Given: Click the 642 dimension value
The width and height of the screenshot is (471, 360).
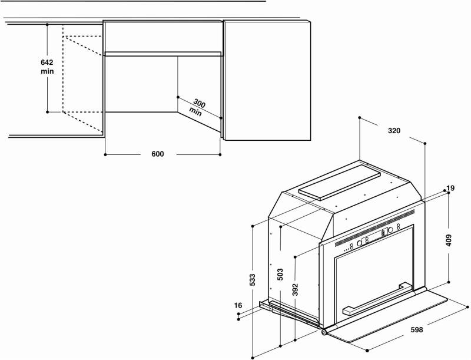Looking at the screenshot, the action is pos(47,62).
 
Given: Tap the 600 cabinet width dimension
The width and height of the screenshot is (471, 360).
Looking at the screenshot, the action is pos(158,154).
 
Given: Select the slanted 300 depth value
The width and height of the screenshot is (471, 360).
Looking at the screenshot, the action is pos(199,104).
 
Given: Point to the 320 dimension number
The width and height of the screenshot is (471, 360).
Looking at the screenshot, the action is pos(394,131).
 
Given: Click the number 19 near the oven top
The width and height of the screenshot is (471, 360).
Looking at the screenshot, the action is pos(450,189).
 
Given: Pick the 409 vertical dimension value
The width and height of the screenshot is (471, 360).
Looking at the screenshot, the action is pos(449,240).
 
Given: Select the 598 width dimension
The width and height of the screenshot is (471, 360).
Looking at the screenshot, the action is pos(417,329).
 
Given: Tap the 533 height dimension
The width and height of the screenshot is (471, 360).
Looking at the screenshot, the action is pos(253,280).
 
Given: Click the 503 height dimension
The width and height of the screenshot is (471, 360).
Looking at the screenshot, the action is pos(280,275).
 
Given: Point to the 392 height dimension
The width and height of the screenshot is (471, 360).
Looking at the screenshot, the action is pos(296,289).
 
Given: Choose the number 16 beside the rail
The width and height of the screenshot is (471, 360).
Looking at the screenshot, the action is pos(238,306).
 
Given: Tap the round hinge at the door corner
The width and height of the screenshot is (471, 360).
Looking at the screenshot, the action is pos(324,332).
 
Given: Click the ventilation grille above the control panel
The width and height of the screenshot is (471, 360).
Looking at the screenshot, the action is pos(374,227).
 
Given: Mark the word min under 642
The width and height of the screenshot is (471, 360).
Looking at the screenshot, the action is pos(47,71).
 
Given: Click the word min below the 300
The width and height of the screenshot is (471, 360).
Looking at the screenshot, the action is pos(195,111).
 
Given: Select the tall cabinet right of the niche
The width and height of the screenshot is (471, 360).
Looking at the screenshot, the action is pos(267,80).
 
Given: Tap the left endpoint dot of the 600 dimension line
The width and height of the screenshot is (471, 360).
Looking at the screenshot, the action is pos(105,154).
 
